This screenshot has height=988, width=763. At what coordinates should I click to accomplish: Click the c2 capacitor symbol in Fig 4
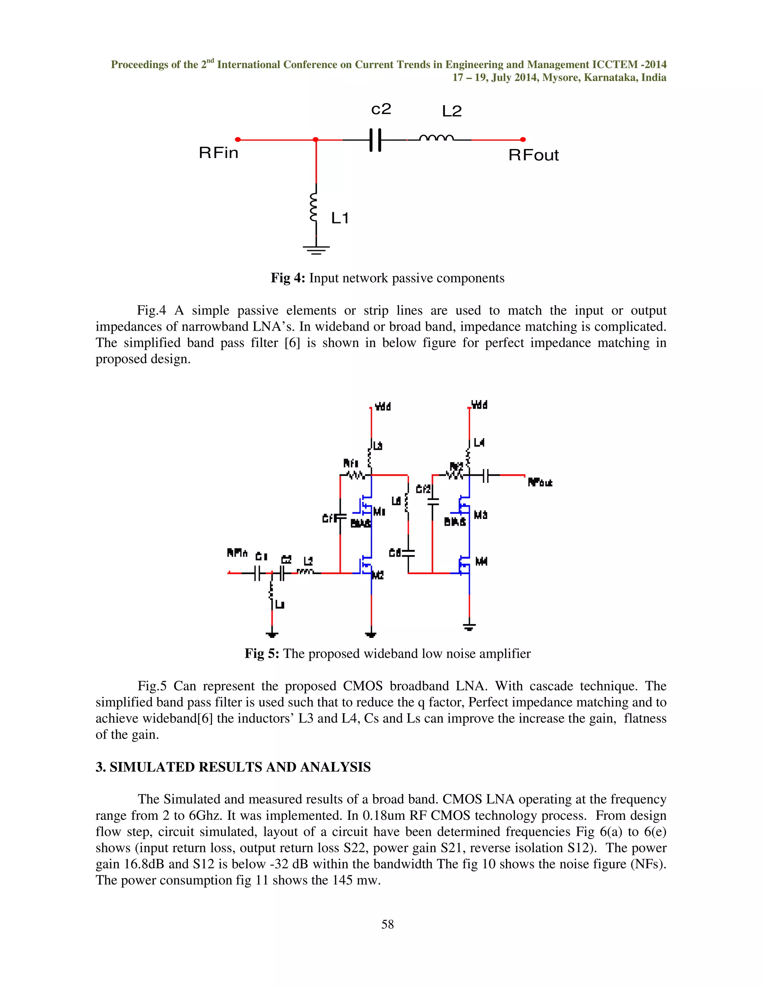[x=375, y=140]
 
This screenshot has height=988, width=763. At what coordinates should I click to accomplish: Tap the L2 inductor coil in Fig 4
[x=437, y=138]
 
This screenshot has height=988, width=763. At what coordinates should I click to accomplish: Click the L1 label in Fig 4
[x=340, y=218]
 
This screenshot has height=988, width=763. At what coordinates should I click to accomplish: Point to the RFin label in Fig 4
[x=219, y=153]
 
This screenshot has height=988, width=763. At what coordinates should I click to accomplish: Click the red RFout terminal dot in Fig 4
[x=523, y=140]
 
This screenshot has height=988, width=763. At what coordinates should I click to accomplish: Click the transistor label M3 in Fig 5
[x=481, y=515]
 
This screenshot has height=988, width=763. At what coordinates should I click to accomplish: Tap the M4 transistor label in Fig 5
[x=481, y=561]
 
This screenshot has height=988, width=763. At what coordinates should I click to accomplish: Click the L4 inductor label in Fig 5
[x=479, y=443]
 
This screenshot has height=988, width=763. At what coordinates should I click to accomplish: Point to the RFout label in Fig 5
[x=540, y=483]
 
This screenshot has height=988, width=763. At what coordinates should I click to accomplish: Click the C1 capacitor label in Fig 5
[x=261, y=556]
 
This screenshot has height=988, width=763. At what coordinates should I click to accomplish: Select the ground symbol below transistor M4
[x=469, y=627]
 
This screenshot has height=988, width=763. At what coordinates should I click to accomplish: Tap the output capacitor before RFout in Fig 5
[x=485, y=475]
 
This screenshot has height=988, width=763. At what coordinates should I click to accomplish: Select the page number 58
[x=387, y=924]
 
